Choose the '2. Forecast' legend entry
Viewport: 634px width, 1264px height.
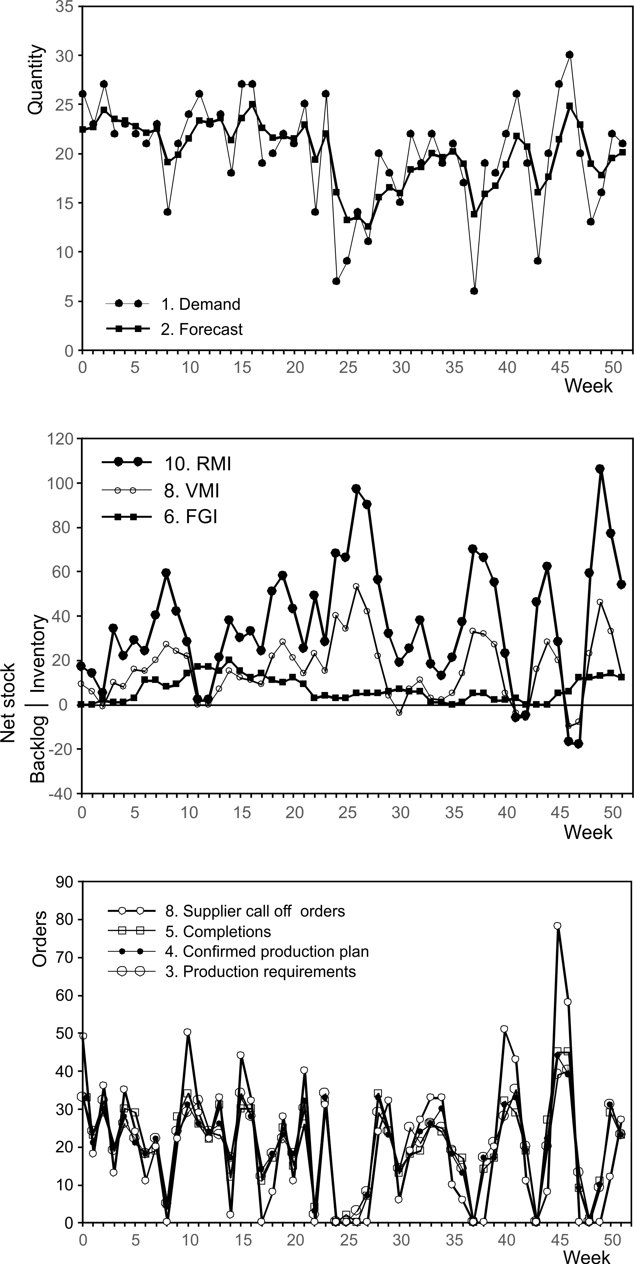pos(201,329)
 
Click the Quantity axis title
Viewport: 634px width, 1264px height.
pos(36,80)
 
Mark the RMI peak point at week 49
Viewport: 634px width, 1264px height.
pos(600,469)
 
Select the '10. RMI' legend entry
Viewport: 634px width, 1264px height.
pos(197,463)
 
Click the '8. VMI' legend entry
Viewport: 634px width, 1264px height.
pos(191,490)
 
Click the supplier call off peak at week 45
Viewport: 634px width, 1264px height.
pos(557,926)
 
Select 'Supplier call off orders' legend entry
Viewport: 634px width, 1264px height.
pos(255,911)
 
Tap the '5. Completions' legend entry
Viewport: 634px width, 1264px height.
pos(218,931)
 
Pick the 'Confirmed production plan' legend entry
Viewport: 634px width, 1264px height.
pos(267,952)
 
